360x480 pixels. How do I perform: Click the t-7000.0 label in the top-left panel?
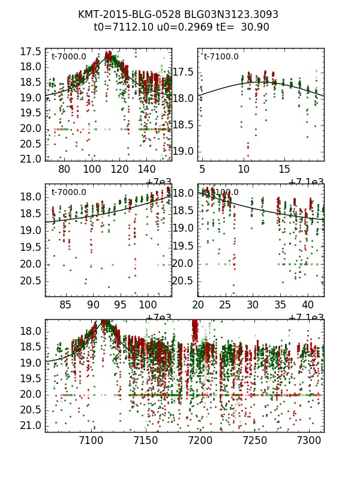pos(69,57)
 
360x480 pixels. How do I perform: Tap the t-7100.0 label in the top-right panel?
pos(221,57)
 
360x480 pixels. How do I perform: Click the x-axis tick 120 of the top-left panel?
pos(120,170)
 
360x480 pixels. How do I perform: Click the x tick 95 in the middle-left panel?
pos(121,305)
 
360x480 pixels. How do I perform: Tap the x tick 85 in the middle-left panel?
pos(66,305)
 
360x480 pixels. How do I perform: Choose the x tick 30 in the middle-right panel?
pos(253,305)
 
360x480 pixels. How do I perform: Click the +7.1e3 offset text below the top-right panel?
pos(307,182)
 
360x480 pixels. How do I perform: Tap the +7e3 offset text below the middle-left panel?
pos(158,317)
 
